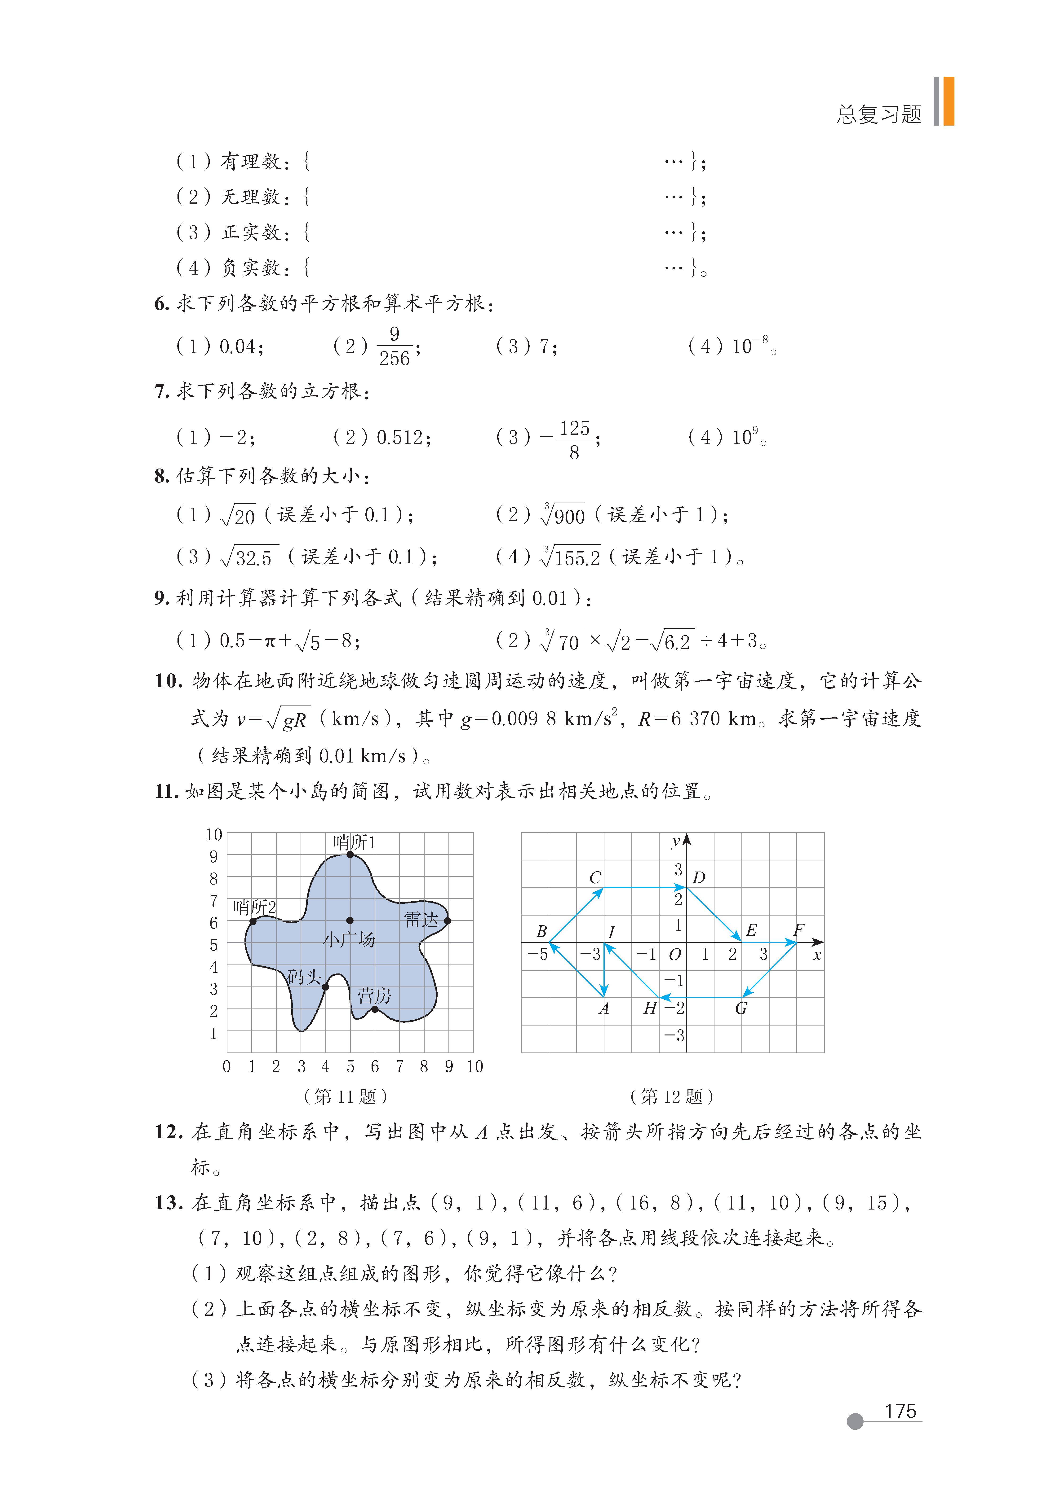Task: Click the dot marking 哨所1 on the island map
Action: [x=350, y=854]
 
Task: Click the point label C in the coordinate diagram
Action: [x=595, y=878]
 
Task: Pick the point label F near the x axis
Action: [x=798, y=930]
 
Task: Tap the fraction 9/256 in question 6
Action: [x=394, y=346]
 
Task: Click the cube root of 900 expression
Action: [x=563, y=515]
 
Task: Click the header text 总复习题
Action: [x=879, y=114]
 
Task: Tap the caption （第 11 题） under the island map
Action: [x=346, y=1096]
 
